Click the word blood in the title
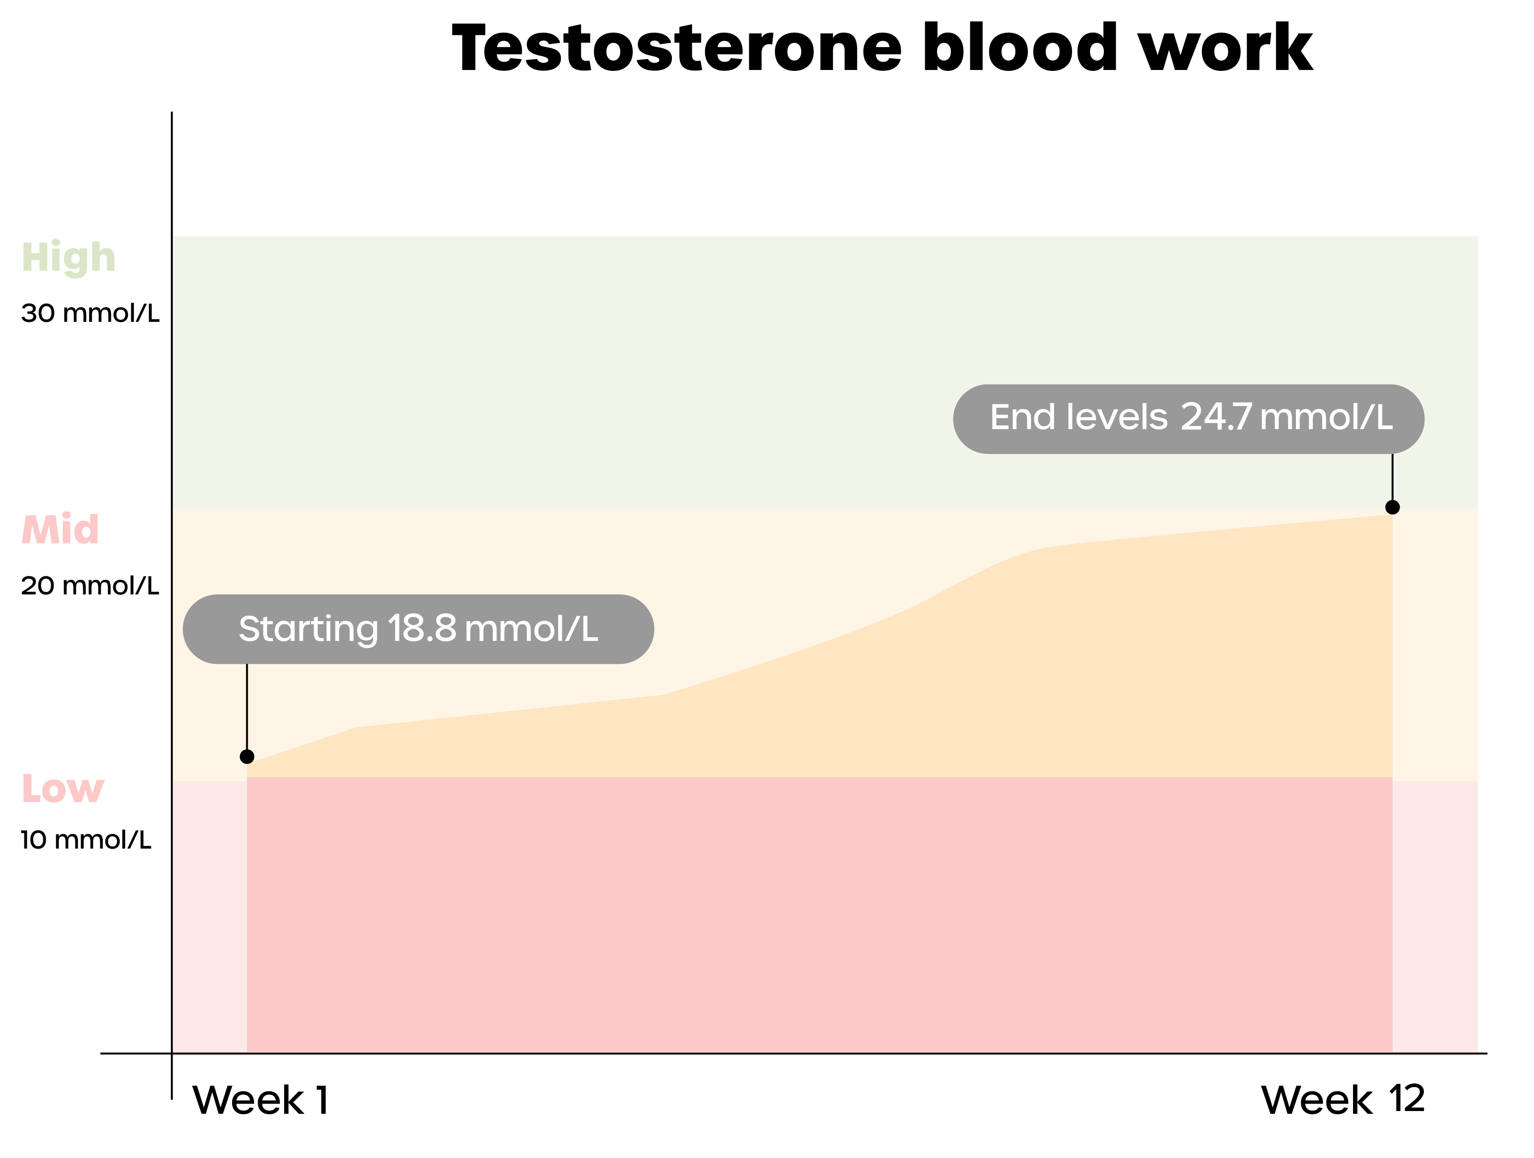point(1020,47)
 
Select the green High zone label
point(69,258)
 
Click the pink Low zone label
point(63,789)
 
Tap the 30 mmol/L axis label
point(90,314)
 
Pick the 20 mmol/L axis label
point(90,586)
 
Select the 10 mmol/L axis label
point(86,840)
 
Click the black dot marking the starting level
point(247,756)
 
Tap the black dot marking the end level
point(1393,507)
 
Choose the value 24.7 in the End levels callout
point(1216,418)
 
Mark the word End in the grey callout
point(1023,418)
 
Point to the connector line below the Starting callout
point(247,707)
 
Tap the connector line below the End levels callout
point(1393,477)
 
